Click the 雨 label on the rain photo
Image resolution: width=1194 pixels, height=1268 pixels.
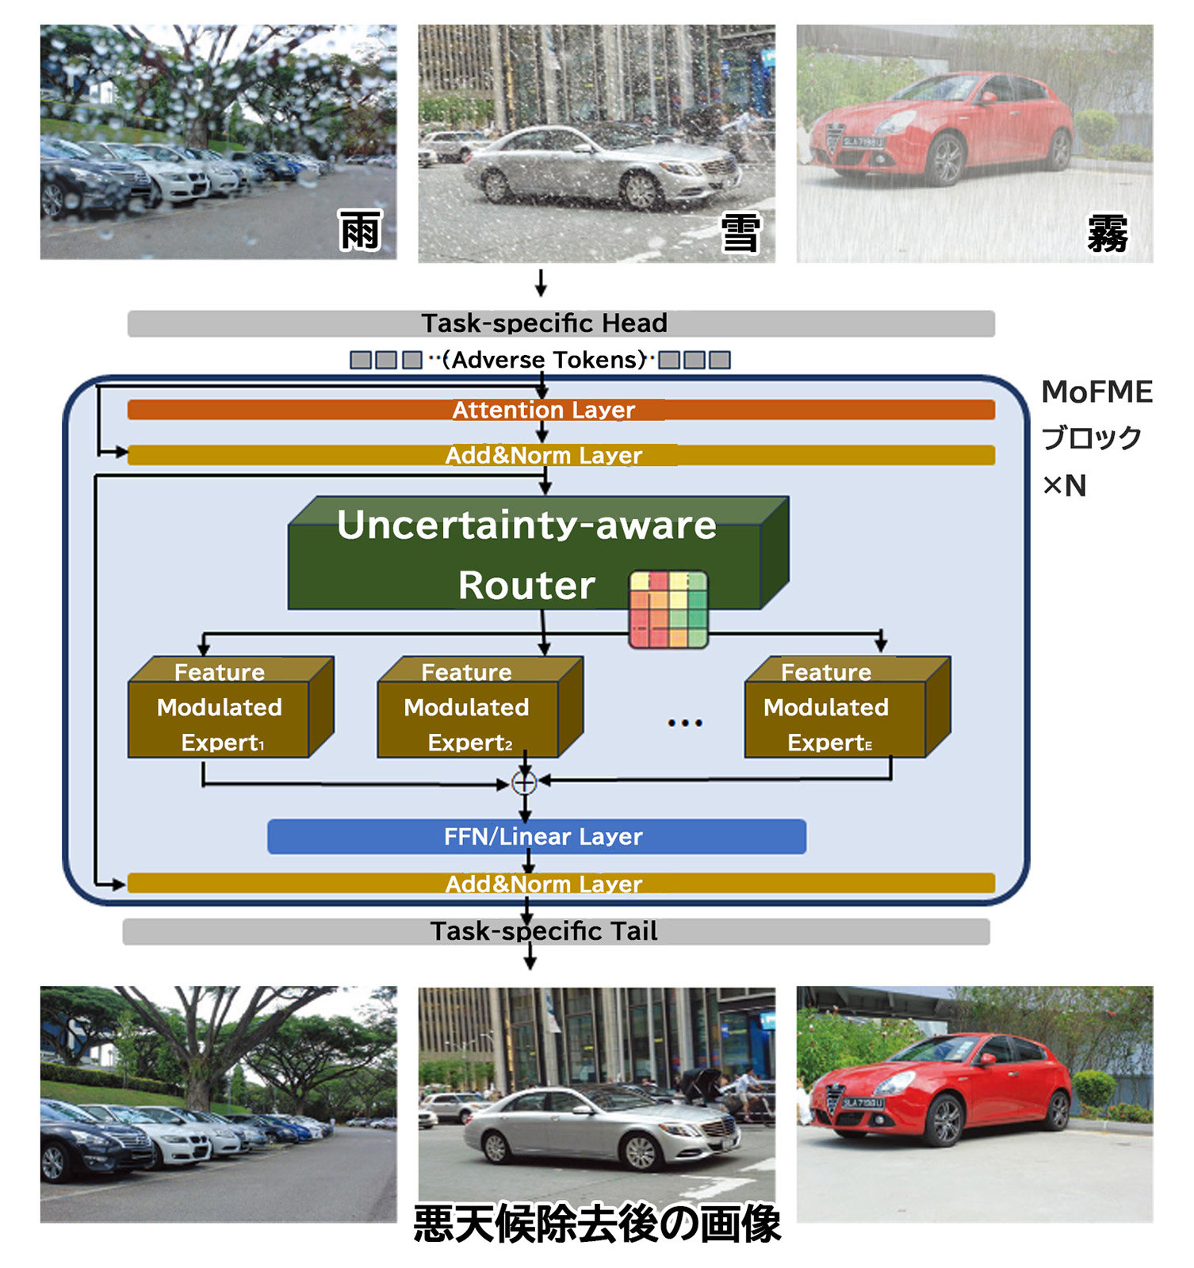tap(360, 231)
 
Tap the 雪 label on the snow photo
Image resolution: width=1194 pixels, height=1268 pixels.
tap(741, 233)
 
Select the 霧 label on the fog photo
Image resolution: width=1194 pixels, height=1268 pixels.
tap(1107, 234)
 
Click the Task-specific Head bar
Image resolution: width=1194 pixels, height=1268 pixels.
tap(561, 323)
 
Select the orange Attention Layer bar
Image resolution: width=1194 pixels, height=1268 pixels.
tap(561, 410)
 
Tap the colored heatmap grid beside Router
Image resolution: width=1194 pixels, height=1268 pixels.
tap(668, 609)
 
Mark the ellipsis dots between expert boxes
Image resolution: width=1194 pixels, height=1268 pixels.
tap(685, 723)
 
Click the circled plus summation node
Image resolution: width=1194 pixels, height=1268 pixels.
tap(524, 783)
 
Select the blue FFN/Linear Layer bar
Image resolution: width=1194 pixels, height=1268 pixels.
tap(537, 837)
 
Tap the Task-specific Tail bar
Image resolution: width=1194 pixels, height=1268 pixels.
tap(555, 931)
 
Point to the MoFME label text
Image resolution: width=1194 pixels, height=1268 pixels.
tap(1097, 392)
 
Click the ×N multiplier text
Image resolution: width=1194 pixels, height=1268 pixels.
tap(1065, 485)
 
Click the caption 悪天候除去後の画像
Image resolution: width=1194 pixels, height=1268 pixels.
tap(597, 1224)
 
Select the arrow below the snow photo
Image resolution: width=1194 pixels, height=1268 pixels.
tap(541, 283)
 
